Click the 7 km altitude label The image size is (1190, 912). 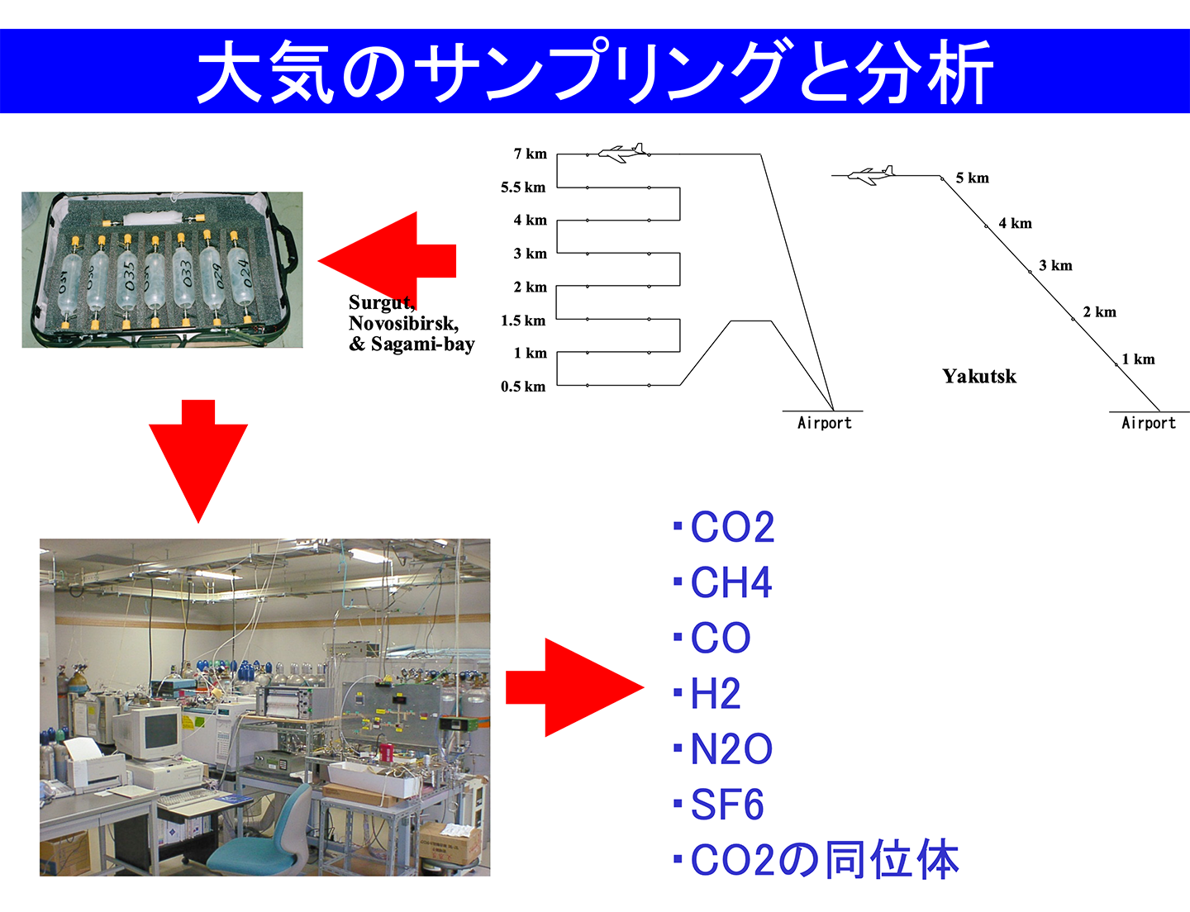pyautogui.click(x=530, y=154)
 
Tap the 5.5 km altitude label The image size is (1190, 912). pyautogui.click(x=522, y=188)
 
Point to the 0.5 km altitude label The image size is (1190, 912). pyautogui.click(x=522, y=387)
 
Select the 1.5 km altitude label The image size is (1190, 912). pyautogui.click(x=522, y=321)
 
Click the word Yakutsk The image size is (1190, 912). pyautogui.click(x=979, y=377)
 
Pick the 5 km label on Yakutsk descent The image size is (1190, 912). pyautogui.click(x=972, y=178)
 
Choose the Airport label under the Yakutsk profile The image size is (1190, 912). pyautogui.click(x=1148, y=423)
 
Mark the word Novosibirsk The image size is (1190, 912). pyautogui.click(x=403, y=323)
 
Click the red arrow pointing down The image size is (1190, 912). pyautogui.click(x=198, y=458)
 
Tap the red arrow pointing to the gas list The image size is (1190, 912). pyautogui.click(x=574, y=687)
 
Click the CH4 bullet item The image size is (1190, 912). pyautogui.click(x=731, y=582)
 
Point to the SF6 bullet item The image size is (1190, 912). pyautogui.click(x=726, y=805)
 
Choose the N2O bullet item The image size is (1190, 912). pyautogui.click(x=731, y=749)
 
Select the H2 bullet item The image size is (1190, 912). pyautogui.click(x=715, y=694)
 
